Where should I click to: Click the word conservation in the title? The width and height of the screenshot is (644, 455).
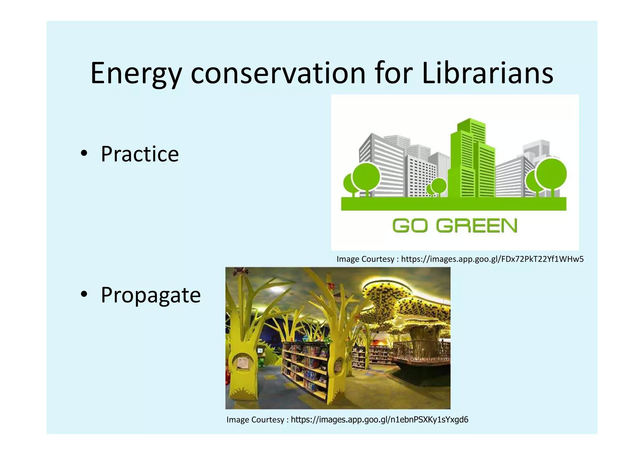[278, 74]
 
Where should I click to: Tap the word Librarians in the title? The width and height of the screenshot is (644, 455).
[487, 74]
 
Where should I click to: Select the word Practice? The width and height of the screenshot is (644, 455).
[140, 154]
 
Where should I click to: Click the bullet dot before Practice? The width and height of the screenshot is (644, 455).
[84, 154]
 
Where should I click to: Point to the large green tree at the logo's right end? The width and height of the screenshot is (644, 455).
[551, 175]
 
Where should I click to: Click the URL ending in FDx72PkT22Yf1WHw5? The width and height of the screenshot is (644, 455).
[492, 259]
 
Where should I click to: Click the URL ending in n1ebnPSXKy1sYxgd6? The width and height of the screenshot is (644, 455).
[379, 419]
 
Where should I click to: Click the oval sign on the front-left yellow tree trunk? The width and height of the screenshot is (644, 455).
[242, 363]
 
